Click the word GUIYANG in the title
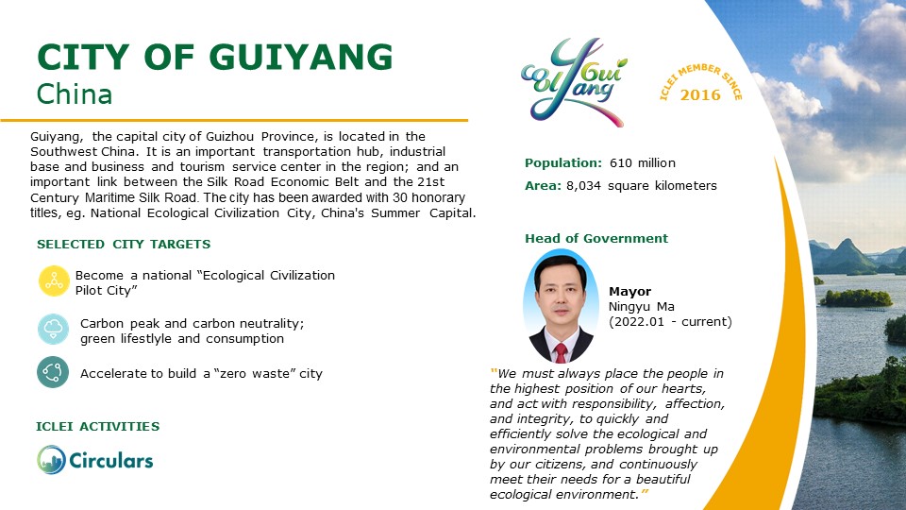point(300,58)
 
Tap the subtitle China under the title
point(74,94)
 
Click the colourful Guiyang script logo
point(574,82)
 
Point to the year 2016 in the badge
point(700,94)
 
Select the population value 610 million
point(643,163)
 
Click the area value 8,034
point(583,186)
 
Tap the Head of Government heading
point(596,238)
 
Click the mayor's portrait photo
point(561,306)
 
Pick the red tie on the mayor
point(561,352)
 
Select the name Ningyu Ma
point(642,306)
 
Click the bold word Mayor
point(629,292)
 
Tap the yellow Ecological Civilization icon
point(54,281)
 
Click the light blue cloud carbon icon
point(53,329)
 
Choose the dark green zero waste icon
point(53,372)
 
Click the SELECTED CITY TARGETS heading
point(124,244)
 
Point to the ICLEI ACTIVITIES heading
point(97,427)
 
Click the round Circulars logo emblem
point(51,460)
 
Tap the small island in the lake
point(856,297)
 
